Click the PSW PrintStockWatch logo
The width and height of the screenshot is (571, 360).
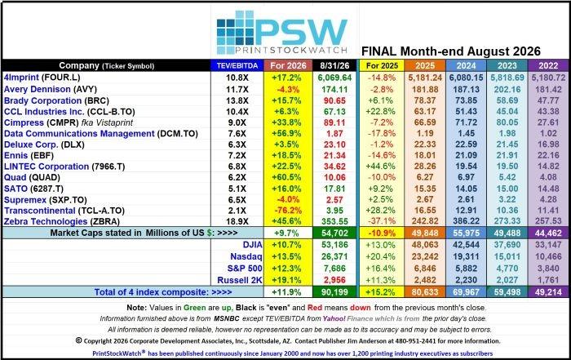(x=282, y=33)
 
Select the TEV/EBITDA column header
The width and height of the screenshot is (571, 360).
(x=237, y=65)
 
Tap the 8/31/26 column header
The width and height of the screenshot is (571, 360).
(x=334, y=65)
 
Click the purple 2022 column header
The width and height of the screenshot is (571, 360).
(x=548, y=65)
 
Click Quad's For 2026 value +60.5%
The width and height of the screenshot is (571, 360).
(x=286, y=177)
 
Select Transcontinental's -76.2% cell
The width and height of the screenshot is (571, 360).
(x=286, y=211)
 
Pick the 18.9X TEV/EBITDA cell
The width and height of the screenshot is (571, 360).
(x=237, y=221)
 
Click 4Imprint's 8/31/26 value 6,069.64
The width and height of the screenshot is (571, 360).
(x=334, y=78)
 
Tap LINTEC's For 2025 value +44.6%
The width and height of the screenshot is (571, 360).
(x=381, y=167)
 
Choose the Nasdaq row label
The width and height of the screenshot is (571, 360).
(x=246, y=256)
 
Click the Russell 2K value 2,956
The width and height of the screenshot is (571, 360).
(x=334, y=280)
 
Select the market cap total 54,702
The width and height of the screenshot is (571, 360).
(x=334, y=233)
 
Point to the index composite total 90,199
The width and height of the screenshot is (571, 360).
(x=334, y=292)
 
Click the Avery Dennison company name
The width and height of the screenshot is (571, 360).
(x=38, y=89)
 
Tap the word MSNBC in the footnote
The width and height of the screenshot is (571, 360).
(x=227, y=318)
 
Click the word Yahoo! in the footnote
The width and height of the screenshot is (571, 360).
(x=334, y=318)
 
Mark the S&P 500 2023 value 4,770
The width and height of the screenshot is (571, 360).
(x=507, y=269)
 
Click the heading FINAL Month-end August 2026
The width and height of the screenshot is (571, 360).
(x=451, y=51)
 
